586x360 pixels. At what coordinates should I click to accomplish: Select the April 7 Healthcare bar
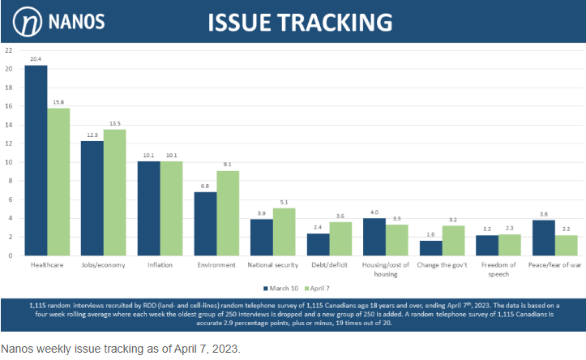click(58, 182)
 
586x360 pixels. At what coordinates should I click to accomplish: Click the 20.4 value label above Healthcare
click(36, 58)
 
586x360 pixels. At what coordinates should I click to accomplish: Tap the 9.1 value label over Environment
click(228, 164)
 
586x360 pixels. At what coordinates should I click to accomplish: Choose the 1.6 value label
click(430, 234)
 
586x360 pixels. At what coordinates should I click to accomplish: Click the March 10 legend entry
click(280, 287)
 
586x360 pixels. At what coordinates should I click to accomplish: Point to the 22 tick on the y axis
click(8, 50)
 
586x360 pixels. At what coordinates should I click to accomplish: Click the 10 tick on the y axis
click(8, 162)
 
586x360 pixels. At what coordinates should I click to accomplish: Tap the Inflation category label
click(160, 264)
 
